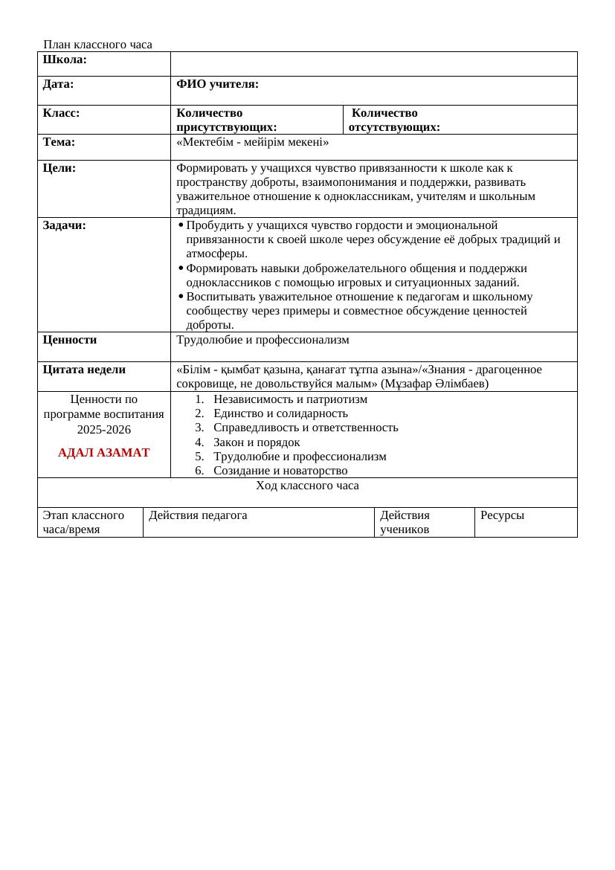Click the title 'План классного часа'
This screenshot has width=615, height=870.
97,45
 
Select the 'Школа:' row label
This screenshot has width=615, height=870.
65,59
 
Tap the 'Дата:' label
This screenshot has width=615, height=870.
59,85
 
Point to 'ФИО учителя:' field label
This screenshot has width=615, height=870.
217,85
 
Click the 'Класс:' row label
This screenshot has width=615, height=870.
62,114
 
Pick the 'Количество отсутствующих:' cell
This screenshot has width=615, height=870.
394,120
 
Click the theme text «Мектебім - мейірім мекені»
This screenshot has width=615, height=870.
252,142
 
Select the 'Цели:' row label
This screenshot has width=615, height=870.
59,169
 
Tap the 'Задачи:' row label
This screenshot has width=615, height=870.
65,225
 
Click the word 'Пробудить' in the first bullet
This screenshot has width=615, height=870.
212,225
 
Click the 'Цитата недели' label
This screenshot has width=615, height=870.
84,370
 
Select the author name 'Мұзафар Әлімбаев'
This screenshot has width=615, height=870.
436,384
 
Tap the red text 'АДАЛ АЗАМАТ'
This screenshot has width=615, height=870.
103,453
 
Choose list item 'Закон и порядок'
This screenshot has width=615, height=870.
257,442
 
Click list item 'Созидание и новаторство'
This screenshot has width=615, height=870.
280,471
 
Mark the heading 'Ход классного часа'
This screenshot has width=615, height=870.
307,486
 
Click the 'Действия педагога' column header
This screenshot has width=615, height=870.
198,515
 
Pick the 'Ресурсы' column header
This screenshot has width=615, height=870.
502,515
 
